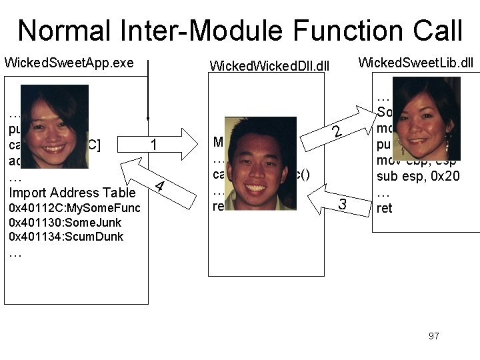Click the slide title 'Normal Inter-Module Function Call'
(240, 31)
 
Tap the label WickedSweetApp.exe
(69, 63)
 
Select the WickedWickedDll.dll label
(269, 65)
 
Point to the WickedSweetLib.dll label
(415, 63)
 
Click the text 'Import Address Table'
(73, 193)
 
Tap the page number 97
(434, 335)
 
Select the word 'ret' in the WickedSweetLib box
(384, 208)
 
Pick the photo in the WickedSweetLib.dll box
(425, 109)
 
